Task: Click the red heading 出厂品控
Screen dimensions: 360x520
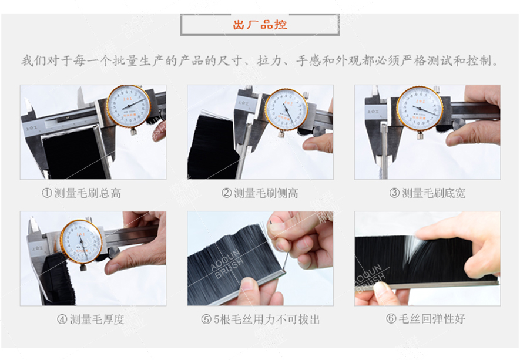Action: [x=260, y=25]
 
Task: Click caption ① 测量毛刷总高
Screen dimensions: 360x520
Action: [x=82, y=193]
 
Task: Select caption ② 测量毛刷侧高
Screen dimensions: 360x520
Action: [x=260, y=193]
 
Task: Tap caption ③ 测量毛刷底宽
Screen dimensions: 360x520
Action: [x=427, y=193]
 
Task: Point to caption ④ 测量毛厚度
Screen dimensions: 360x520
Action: [x=90, y=319]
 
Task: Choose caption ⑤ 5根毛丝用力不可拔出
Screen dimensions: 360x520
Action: [x=260, y=319]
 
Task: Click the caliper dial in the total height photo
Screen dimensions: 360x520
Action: [x=128, y=106]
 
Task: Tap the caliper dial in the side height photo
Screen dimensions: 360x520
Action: [x=286, y=109]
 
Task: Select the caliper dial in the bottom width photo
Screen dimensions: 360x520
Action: [x=419, y=109]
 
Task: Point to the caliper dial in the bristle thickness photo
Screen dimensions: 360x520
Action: [x=81, y=241]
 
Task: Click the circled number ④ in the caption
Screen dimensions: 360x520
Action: [x=62, y=319]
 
